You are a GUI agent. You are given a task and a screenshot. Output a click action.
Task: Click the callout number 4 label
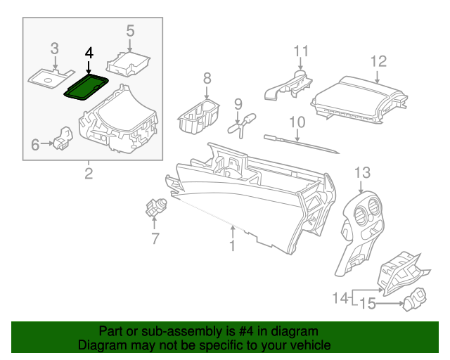pyautogui.click(x=88, y=53)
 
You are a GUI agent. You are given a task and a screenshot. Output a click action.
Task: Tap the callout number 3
pyautogui.click(x=54, y=49)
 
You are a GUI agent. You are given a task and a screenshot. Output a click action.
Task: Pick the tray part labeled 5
pyautogui.click(x=128, y=65)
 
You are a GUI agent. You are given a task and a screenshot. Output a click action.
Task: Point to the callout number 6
pyautogui.click(x=36, y=145)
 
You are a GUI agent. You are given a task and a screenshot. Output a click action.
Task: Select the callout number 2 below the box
pyautogui.click(x=89, y=173)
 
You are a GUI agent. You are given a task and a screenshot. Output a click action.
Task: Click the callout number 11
pyautogui.click(x=301, y=51)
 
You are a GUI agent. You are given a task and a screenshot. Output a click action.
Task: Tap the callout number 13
pyautogui.click(x=361, y=172)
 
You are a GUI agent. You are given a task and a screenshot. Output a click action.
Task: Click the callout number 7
pyautogui.click(x=155, y=239)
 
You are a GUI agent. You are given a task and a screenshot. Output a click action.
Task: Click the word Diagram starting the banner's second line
pyautogui.click(x=101, y=345)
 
